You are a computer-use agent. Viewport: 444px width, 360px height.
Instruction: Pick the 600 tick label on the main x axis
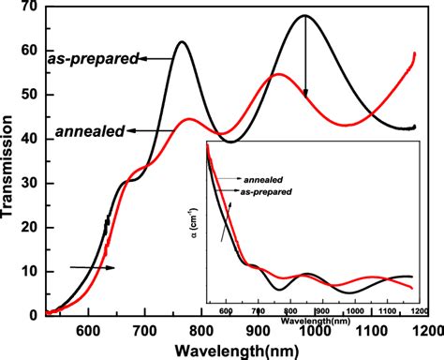click(87, 329)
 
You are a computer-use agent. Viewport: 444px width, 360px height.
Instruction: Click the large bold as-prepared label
click(93, 59)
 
